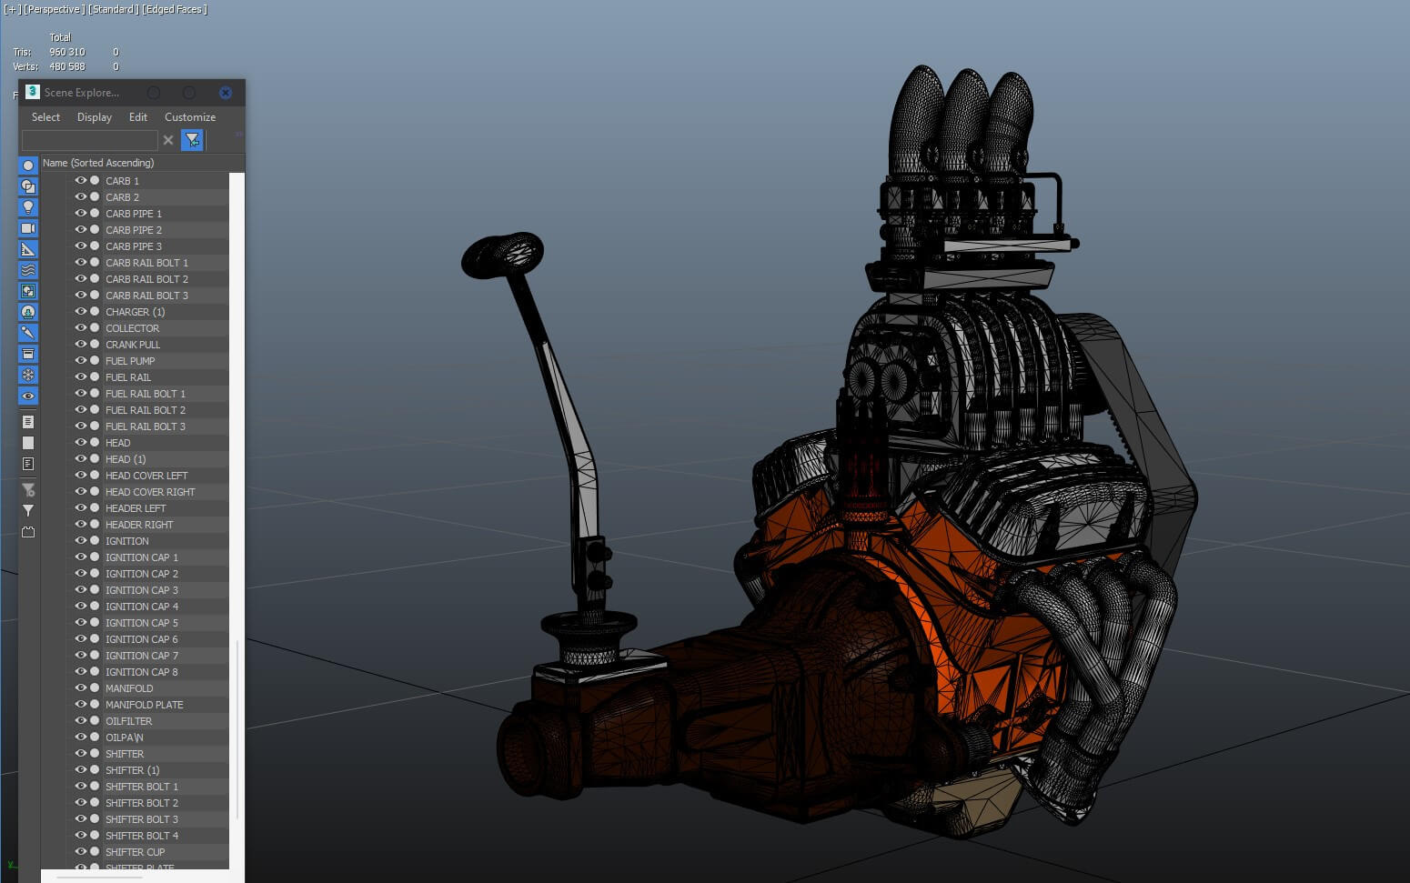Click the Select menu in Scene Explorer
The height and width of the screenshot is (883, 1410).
coord(45,117)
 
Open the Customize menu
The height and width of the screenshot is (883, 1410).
coord(190,117)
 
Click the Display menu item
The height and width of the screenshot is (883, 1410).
coord(95,117)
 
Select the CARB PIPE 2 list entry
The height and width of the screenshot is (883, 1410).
coord(134,230)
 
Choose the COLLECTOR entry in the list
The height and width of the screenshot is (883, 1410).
coord(132,328)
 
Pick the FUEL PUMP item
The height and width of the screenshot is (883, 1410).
coord(130,361)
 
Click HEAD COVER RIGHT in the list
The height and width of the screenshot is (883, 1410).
coord(150,492)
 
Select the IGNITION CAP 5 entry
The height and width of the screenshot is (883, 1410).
coord(142,623)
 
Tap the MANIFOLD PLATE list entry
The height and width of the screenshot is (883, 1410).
coord(144,705)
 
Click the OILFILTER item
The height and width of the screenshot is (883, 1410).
coord(128,721)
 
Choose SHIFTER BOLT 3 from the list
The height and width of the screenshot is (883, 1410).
coord(142,819)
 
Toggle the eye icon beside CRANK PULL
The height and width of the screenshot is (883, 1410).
coord(81,345)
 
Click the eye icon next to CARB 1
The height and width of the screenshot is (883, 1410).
coord(81,181)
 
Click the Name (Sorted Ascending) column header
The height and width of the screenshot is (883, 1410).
coord(98,163)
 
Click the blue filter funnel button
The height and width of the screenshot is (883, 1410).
coord(192,140)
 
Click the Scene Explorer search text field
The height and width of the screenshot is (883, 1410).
coord(89,140)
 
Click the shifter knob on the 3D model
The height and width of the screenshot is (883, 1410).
coord(502,256)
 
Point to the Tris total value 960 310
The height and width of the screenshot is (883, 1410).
coord(66,52)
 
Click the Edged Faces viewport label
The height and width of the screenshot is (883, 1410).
coord(175,9)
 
